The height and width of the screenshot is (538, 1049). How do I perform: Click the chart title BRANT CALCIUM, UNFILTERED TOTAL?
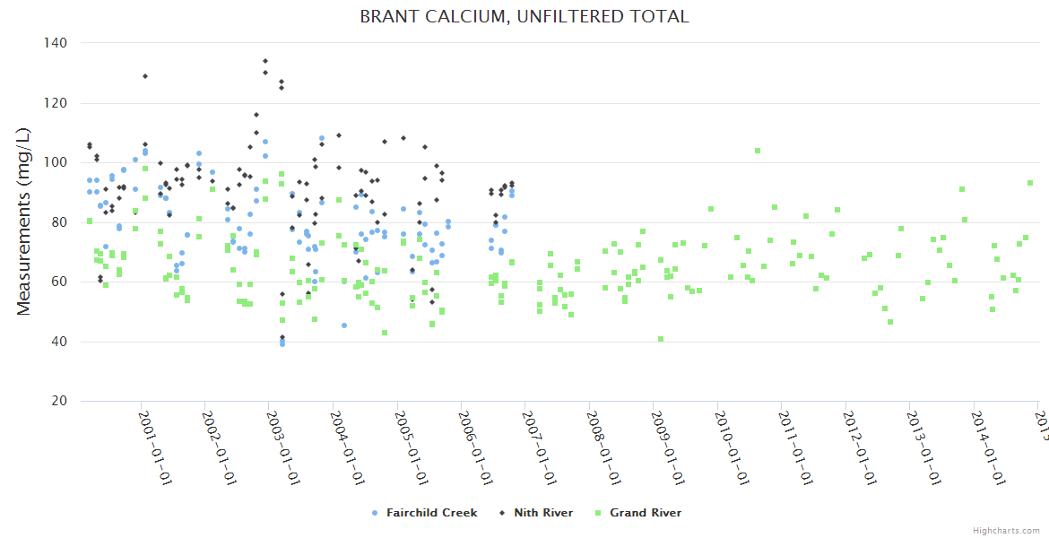click(x=524, y=17)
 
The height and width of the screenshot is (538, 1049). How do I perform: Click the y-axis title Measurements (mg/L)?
click(x=24, y=221)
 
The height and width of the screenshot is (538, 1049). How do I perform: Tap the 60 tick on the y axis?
click(x=59, y=282)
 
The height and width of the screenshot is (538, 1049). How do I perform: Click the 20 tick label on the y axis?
click(x=59, y=401)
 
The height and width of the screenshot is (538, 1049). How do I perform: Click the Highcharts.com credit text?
click(x=1006, y=530)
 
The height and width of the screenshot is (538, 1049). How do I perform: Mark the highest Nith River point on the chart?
click(x=265, y=61)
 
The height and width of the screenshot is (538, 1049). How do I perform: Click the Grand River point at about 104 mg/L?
click(x=758, y=151)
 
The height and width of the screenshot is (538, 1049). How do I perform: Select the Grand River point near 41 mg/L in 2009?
click(x=661, y=339)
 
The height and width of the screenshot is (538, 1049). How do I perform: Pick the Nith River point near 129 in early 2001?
click(x=145, y=76)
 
